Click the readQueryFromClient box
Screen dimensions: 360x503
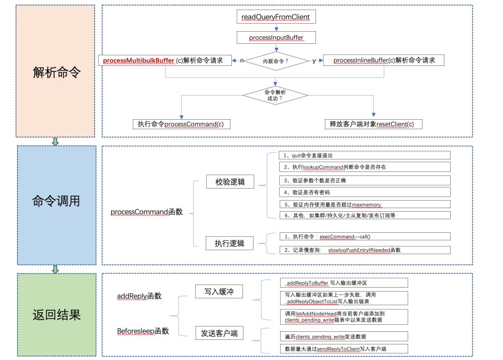276,17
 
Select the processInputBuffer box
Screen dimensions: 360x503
276,37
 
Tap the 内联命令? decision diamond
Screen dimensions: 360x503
276,60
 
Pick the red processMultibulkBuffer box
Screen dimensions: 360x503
166,60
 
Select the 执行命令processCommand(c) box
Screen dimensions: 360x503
181,124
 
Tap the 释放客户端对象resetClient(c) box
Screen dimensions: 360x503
372,124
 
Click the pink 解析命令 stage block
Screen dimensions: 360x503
55,71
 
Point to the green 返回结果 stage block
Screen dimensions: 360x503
55,315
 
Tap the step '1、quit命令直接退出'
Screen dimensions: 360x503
365,155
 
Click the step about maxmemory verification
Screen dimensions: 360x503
365,204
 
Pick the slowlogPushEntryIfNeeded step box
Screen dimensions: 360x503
365,249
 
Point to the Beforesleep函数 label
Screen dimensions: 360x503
143,331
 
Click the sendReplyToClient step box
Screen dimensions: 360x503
343,348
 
